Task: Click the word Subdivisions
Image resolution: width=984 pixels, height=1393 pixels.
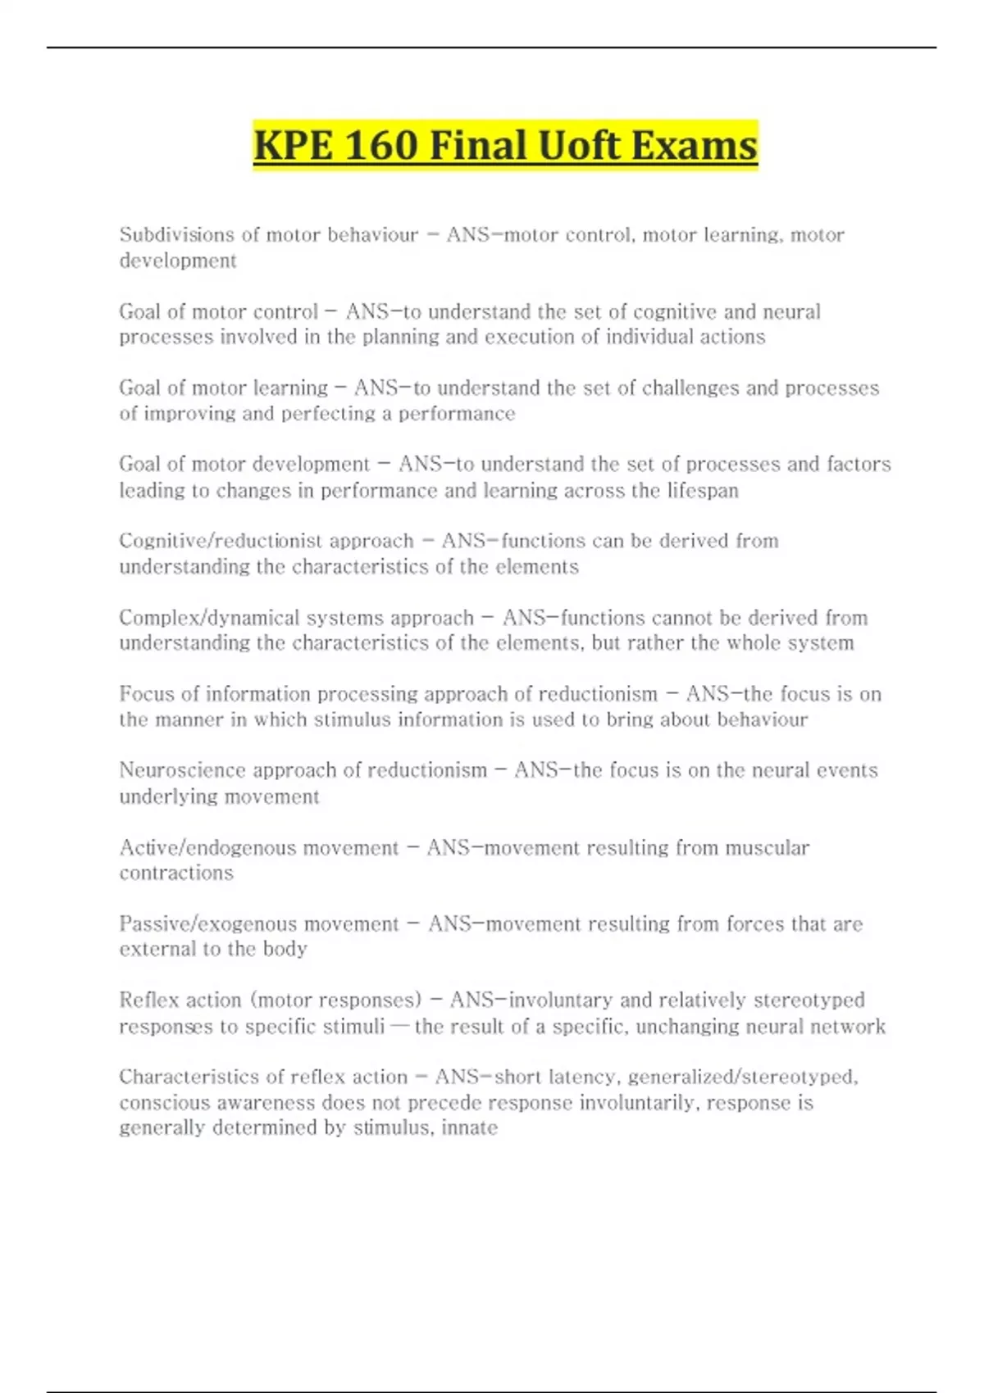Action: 176,234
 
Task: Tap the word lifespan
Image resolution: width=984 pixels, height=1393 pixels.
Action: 704,491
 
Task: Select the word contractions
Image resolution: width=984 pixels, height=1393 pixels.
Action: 176,873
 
